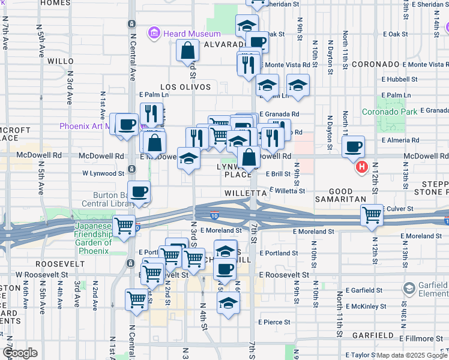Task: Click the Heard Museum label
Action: pyautogui.click(x=191, y=34)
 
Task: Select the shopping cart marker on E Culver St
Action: pyautogui.click(x=372, y=214)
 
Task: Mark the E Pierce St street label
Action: pyautogui.click(x=276, y=322)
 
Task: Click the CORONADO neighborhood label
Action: pyautogui.click(x=376, y=64)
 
